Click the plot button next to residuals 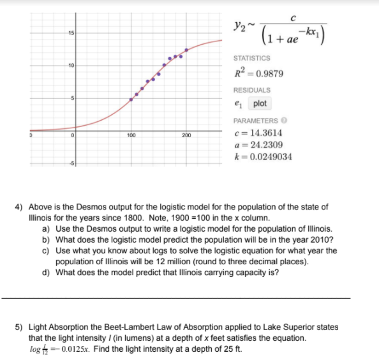coord(260,103)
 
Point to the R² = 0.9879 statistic coord(258,73)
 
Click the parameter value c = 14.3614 coord(259,133)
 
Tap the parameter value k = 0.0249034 coord(264,156)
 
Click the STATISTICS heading coord(251,59)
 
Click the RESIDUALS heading coord(251,90)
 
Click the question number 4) coord(19,207)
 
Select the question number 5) coord(19,327)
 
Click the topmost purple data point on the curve coord(186,50)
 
